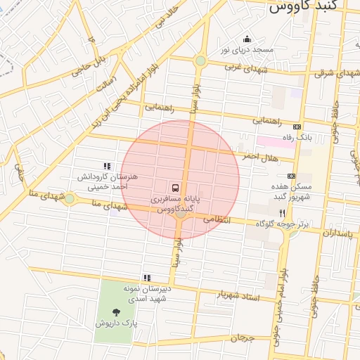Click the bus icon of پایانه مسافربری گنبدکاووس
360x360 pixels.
pyautogui.click(x=175, y=188)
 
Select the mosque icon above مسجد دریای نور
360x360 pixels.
pyautogui.click(x=247, y=39)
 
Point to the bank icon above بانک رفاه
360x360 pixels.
pyautogui.click(x=296, y=127)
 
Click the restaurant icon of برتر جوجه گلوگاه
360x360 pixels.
pyautogui.click(x=282, y=212)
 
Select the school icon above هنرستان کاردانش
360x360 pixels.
pyautogui.click(x=107, y=166)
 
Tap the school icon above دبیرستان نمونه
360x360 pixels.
pyautogui.click(x=147, y=278)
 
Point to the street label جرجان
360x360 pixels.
pyautogui.click(x=241, y=338)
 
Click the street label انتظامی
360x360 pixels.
pyautogui.click(x=217, y=219)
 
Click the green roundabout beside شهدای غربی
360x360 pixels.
pyautogui.click(x=200, y=61)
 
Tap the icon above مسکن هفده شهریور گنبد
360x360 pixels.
pyautogui.click(x=291, y=176)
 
